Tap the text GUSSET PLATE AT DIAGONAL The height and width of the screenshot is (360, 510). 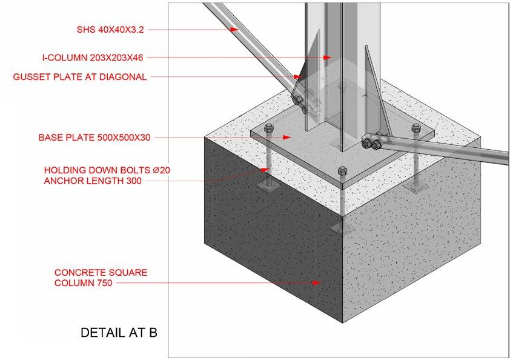pos(80,77)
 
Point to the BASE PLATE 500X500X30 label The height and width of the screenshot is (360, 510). pos(94,138)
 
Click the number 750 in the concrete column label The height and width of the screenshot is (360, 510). pos(104,282)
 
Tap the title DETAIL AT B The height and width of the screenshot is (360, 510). pos(119,333)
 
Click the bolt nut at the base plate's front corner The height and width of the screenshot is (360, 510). pos(343,170)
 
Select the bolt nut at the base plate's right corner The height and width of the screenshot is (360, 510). pos(416,128)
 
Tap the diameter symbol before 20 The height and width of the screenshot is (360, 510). pos(156,170)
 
